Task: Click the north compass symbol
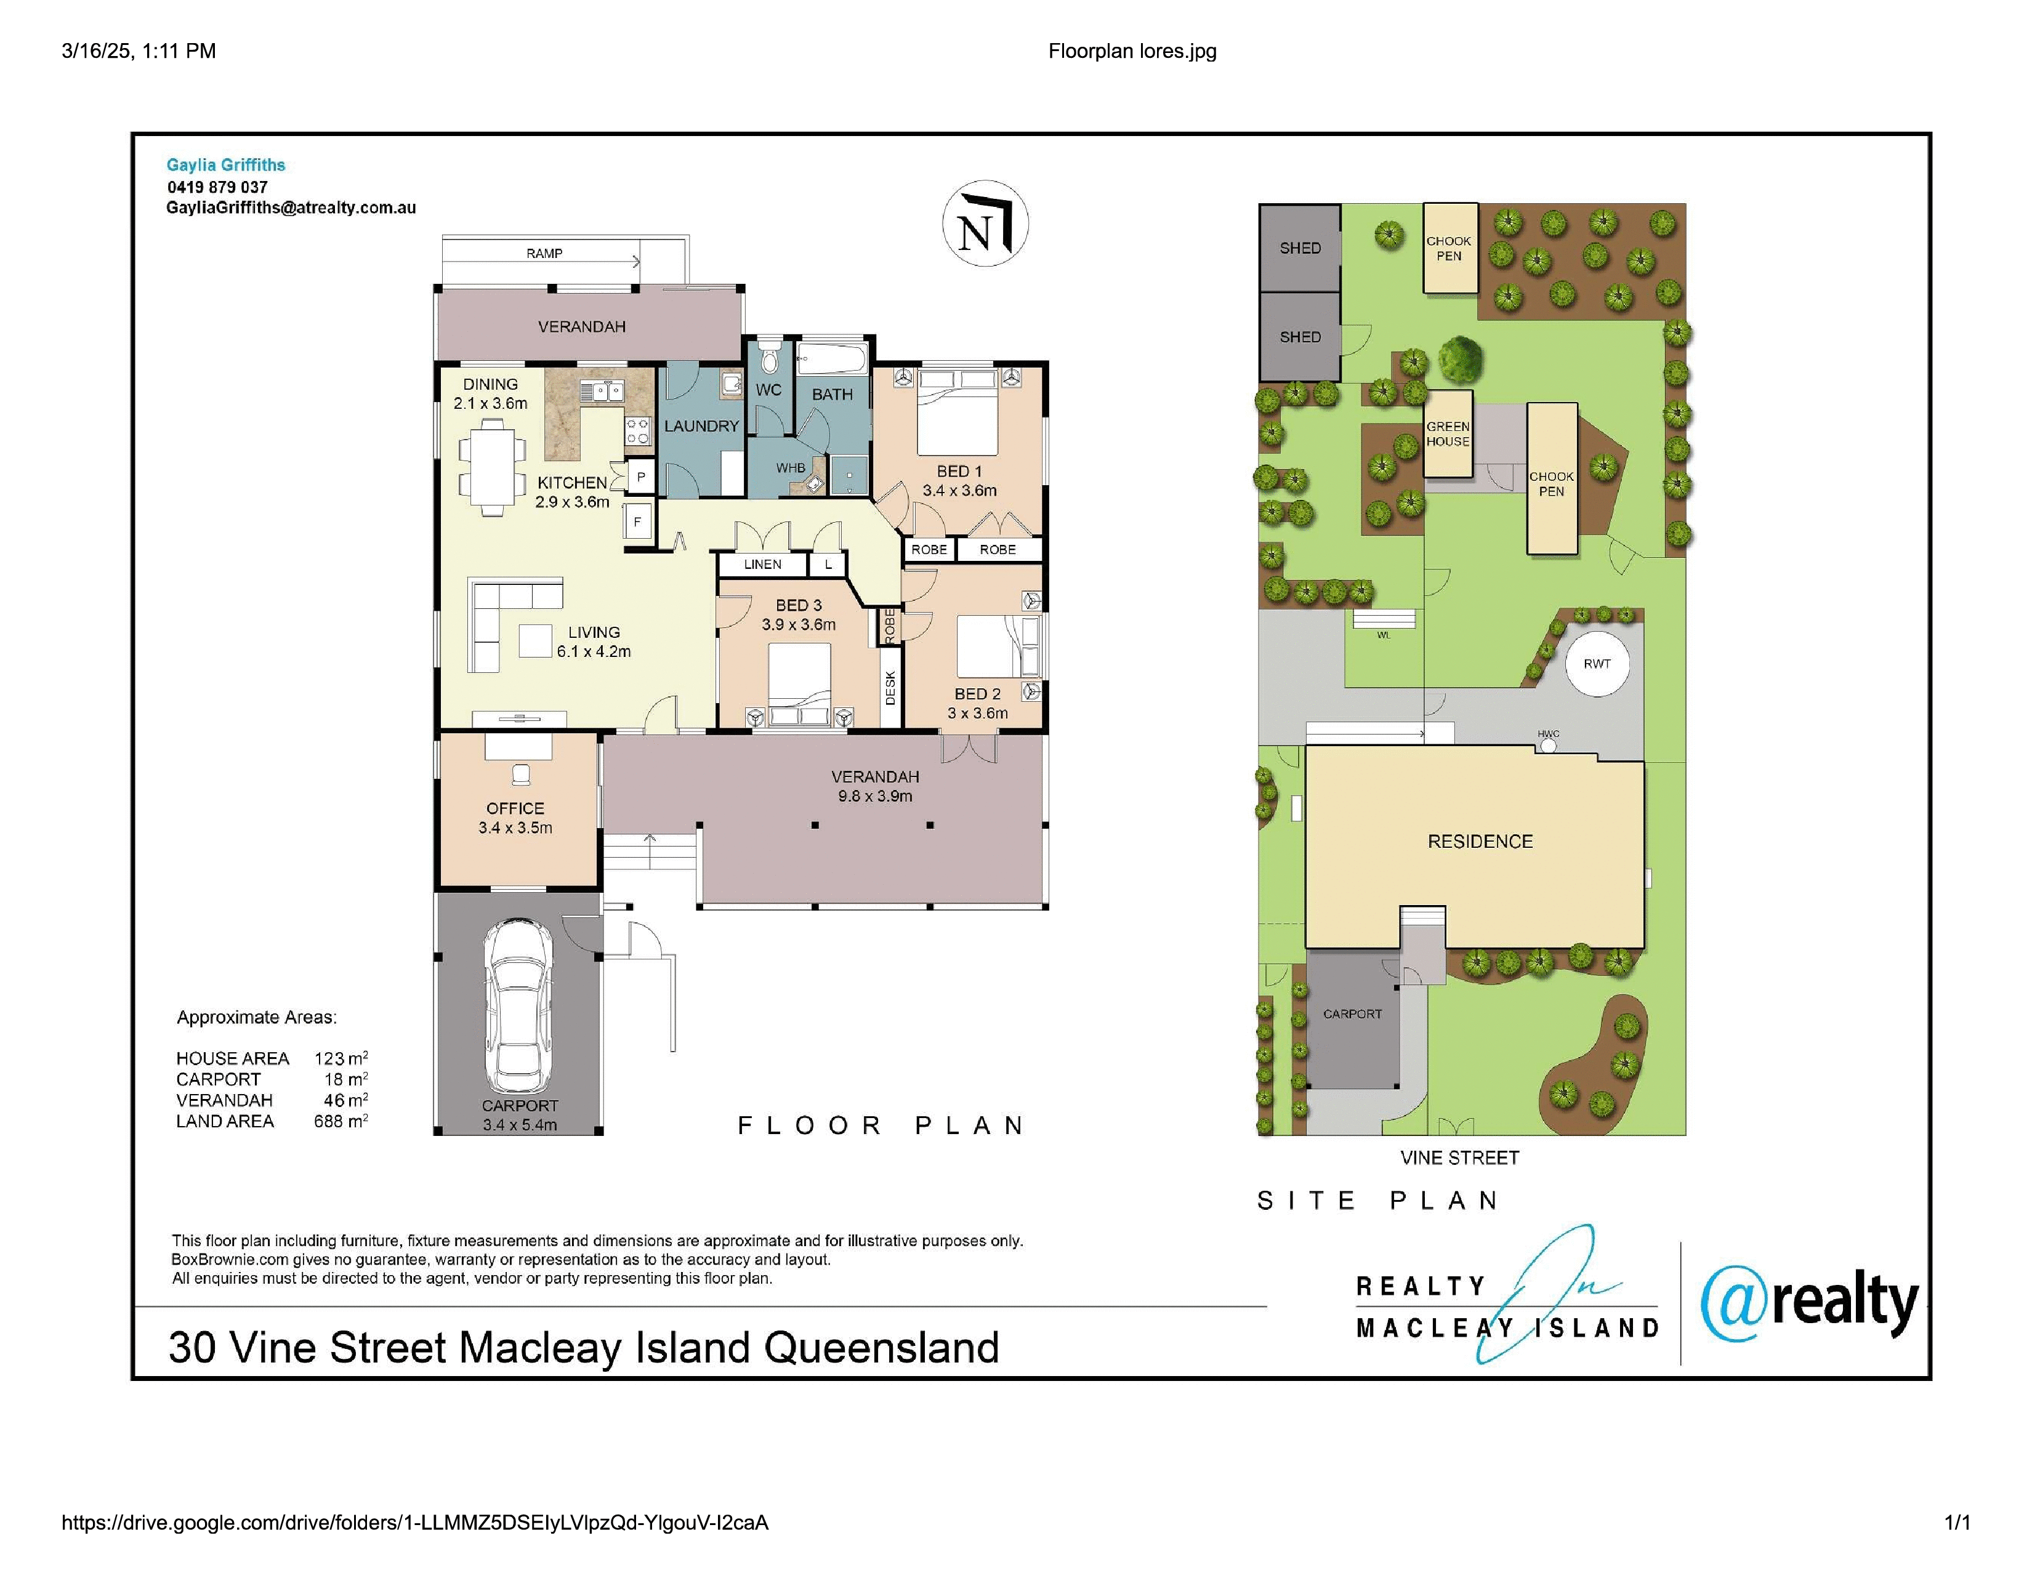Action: click(985, 223)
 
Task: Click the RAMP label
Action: click(544, 253)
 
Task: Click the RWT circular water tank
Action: click(1597, 663)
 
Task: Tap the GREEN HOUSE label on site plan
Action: click(1448, 434)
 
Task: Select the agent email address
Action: click(291, 208)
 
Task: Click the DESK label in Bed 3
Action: click(890, 688)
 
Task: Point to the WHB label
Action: click(791, 468)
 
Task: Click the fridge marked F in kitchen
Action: click(637, 521)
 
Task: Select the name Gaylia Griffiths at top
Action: click(226, 164)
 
